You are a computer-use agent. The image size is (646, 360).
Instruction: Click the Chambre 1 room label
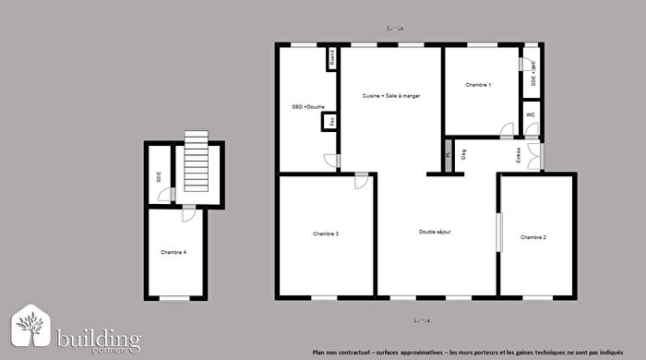(x=478, y=85)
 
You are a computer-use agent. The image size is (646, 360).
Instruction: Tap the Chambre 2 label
(x=533, y=237)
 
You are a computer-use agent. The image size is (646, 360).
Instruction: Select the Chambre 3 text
(x=326, y=234)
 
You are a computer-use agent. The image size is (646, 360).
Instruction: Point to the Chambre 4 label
(x=173, y=252)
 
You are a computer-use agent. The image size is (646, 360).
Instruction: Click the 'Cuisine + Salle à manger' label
(x=391, y=96)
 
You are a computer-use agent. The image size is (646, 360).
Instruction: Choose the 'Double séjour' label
(x=435, y=232)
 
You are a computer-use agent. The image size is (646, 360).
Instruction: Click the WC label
(x=530, y=114)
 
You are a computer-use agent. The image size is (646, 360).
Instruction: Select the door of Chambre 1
(x=508, y=131)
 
